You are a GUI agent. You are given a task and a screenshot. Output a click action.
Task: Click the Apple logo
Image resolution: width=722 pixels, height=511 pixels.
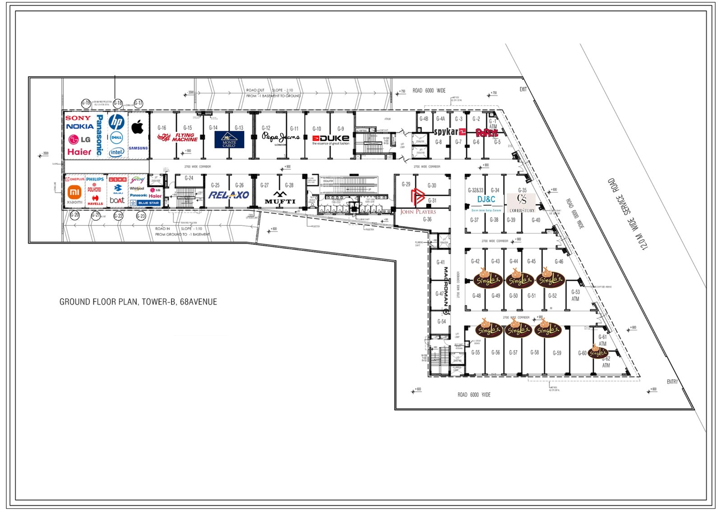pyautogui.click(x=138, y=127)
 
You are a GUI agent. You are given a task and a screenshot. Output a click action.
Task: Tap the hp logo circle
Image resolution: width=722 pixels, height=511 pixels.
pyautogui.click(x=116, y=122)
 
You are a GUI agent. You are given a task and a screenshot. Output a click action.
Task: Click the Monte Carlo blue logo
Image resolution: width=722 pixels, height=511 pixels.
pyautogui.click(x=229, y=139)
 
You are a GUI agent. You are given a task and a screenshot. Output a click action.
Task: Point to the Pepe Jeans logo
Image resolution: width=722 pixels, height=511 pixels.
pyautogui.click(x=280, y=137)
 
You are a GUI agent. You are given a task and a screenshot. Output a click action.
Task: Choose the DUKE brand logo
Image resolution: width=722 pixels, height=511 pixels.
pyautogui.click(x=331, y=139)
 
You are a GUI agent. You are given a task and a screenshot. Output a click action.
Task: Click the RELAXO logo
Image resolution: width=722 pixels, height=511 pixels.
pyautogui.click(x=229, y=195)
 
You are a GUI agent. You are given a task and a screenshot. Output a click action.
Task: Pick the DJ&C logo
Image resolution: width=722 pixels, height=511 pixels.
pyautogui.click(x=486, y=200)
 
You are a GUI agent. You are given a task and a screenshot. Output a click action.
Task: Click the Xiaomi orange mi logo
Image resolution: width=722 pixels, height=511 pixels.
pyautogui.click(x=75, y=192)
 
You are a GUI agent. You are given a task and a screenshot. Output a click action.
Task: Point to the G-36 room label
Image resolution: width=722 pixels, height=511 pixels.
pyautogui.click(x=427, y=219)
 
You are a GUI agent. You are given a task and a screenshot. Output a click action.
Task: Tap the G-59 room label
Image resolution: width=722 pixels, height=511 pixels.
pyautogui.click(x=557, y=353)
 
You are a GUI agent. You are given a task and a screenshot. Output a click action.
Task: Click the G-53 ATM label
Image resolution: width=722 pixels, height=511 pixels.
pyautogui.click(x=575, y=295)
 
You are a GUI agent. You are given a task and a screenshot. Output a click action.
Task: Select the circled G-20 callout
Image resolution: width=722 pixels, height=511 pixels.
pyautogui.click(x=75, y=215)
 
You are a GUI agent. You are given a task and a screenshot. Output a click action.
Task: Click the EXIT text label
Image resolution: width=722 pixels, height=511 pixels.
pyautogui.click(x=523, y=89)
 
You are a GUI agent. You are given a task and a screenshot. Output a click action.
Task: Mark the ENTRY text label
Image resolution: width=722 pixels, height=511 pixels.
pyautogui.click(x=672, y=382)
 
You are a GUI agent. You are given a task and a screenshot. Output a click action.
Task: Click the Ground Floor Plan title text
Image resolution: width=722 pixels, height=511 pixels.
pyautogui.click(x=138, y=302)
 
